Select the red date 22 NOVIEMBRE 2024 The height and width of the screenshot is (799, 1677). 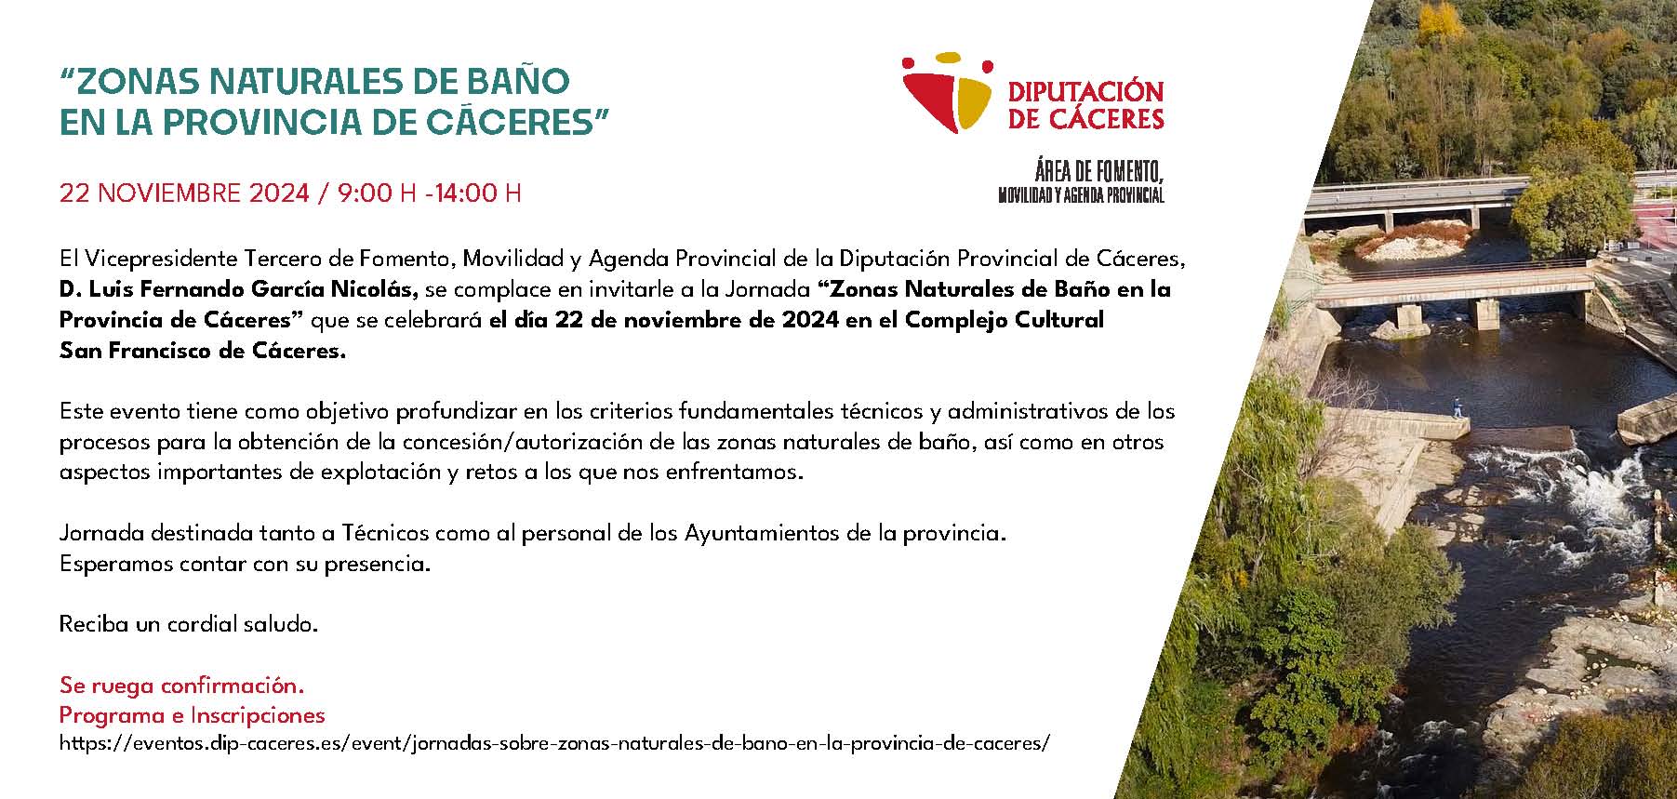pos(184,193)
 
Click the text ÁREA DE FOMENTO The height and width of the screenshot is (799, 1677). pos(1098,172)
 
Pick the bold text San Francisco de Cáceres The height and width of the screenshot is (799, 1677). pos(202,351)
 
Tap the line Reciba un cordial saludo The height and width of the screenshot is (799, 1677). pos(189,624)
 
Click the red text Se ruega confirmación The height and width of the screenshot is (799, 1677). pos(181,686)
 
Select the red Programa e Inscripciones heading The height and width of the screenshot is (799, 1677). pos(193,715)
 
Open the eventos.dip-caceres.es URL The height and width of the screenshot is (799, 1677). pos(554,744)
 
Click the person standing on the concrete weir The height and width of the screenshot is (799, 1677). pos(1456,407)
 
